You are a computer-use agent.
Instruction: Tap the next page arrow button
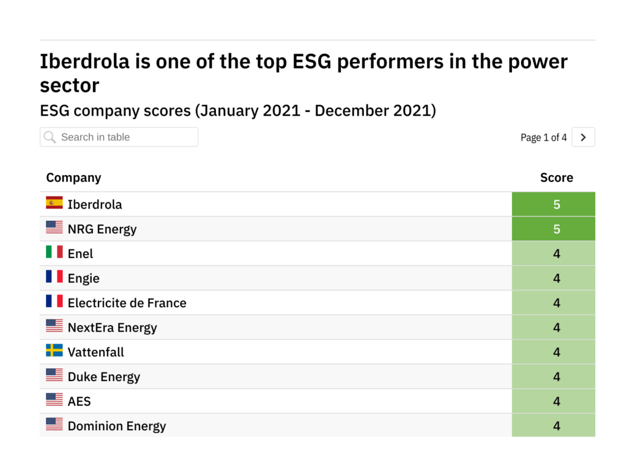click(x=583, y=138)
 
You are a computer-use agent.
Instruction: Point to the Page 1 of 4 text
click(x=543, y=138)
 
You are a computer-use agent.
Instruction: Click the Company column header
click(x=73, y=178)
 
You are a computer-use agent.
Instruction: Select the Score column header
click(x=556, y=178)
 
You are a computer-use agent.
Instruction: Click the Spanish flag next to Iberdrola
click(x=54, y=203)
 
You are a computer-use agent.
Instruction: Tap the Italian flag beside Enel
click(x=54, y=252)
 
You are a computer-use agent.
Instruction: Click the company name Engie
click(x=83, y=278)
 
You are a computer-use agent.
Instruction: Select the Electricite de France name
click(x=127, y=303)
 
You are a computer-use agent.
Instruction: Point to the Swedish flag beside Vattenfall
click(x=54, y=351)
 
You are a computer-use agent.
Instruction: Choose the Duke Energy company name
click(x=103, y=377)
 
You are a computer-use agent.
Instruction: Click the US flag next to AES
click(x=54, y=400)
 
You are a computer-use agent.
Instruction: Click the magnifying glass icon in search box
click(x=50, y=137)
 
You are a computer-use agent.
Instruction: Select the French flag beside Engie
click(x=54, y=277)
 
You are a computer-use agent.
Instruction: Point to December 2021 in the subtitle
click(x=375, y=111)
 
